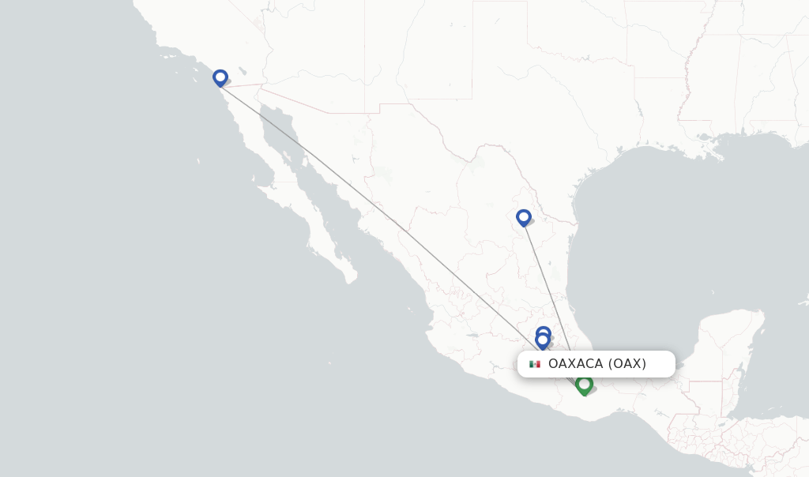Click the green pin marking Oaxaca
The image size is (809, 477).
click(584, 385)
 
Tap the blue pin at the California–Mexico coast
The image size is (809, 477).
click(220, 77)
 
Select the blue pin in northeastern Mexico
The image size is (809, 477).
click(523, 217)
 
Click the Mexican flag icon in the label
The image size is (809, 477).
click(535, 364)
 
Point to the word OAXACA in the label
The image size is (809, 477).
click(575, 364)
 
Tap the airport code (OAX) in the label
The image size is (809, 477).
click(627, 364)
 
